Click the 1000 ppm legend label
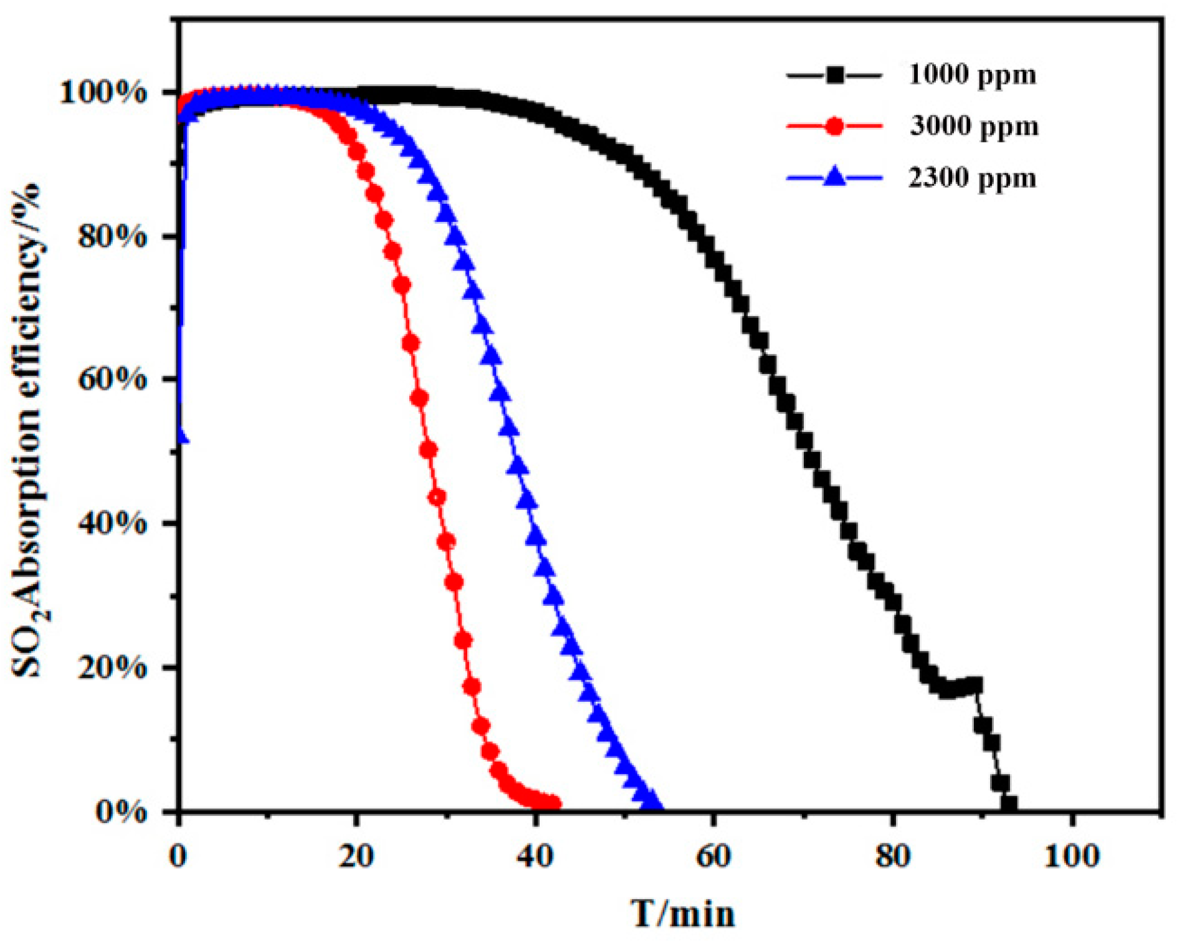[971, 75]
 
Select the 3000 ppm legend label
[974, 127]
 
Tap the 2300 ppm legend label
[971, 178]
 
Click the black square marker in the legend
[834, 75]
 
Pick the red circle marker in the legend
[834, 127]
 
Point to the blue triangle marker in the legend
[834, 178]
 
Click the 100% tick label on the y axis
[103, 93]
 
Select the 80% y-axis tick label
[112, 237]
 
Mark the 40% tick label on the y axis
[112, 523]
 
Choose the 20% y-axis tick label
[112, 667]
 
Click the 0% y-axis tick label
[121, 811]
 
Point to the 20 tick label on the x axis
[356, 856]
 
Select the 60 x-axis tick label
[713, 856]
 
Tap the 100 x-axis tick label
[1072, 856]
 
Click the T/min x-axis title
[683, 914]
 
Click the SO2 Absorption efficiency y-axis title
[28, 430]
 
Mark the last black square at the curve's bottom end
[1009, 803]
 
